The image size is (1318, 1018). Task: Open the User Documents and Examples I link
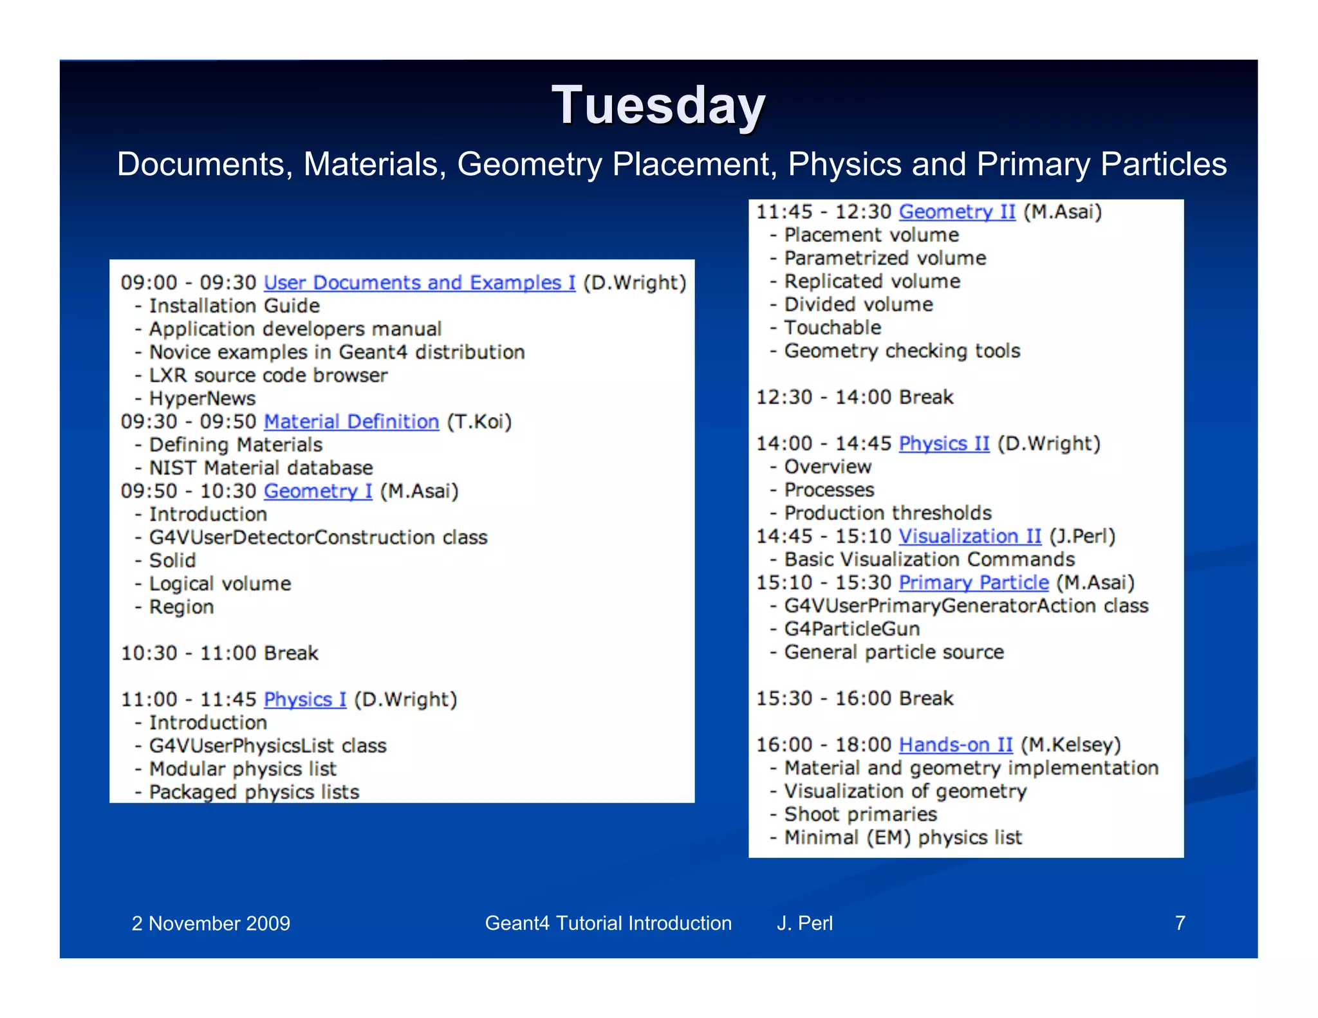(419, 282)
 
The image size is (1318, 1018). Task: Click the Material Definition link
(351, 421)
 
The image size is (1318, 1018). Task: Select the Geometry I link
(318, 491)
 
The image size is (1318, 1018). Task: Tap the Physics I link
(304, 699)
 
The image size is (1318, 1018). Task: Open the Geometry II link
(956, 212)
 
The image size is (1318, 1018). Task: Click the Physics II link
(943, 443)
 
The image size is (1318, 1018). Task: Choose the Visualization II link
(969, 536)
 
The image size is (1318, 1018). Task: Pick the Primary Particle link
(973, 582)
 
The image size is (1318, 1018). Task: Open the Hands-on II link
(955, 745)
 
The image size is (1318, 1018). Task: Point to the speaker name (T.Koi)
(479, 421)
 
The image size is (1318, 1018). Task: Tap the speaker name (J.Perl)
(1082, 536)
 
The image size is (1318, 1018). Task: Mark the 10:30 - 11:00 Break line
(219, 653)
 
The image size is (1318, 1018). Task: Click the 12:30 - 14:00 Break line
(854, 397)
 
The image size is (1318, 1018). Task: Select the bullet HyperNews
(202, 398)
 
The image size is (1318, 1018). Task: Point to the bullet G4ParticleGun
(851, 629)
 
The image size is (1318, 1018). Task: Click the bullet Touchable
(832, 328)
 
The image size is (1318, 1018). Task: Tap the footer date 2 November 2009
(210, 923)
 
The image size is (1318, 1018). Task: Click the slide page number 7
(1180, 923)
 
